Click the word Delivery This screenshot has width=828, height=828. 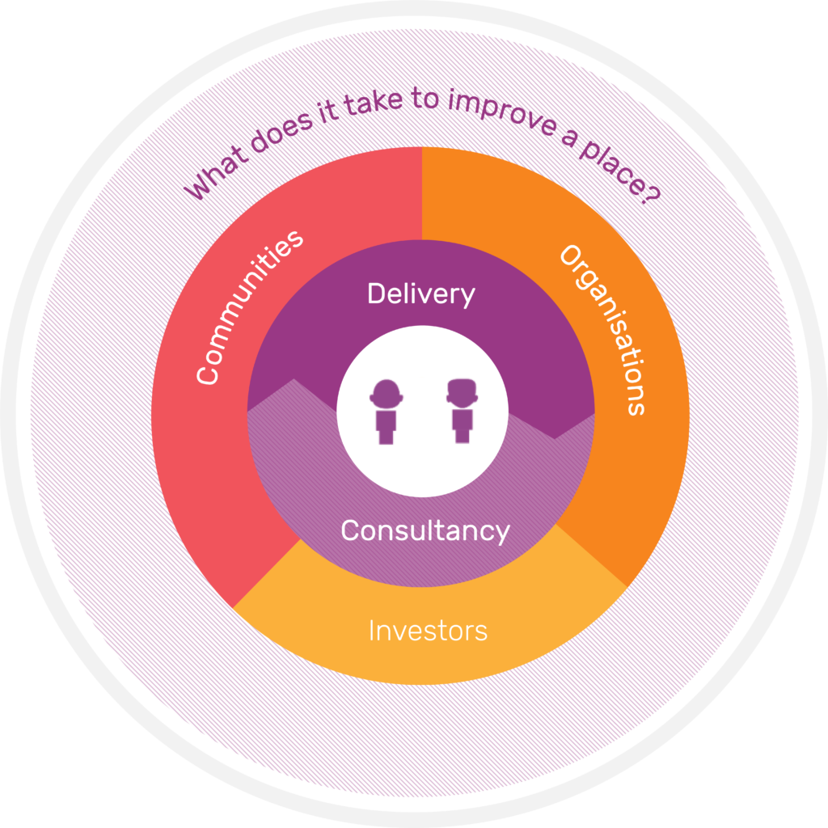pos(420,294)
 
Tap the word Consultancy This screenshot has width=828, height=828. pos(425,531)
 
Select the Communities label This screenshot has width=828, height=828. pos(251,306)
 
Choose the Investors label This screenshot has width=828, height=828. pos(428,631)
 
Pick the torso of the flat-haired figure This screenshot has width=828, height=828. pos(462,418)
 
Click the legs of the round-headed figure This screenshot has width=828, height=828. pos(386,437)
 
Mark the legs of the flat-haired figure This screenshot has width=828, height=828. pos(462,436)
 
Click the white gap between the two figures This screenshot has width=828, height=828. pos(423,412)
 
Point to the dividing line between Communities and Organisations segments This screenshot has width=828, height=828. pos(422,194)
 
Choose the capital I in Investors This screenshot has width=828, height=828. pos(372,631)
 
